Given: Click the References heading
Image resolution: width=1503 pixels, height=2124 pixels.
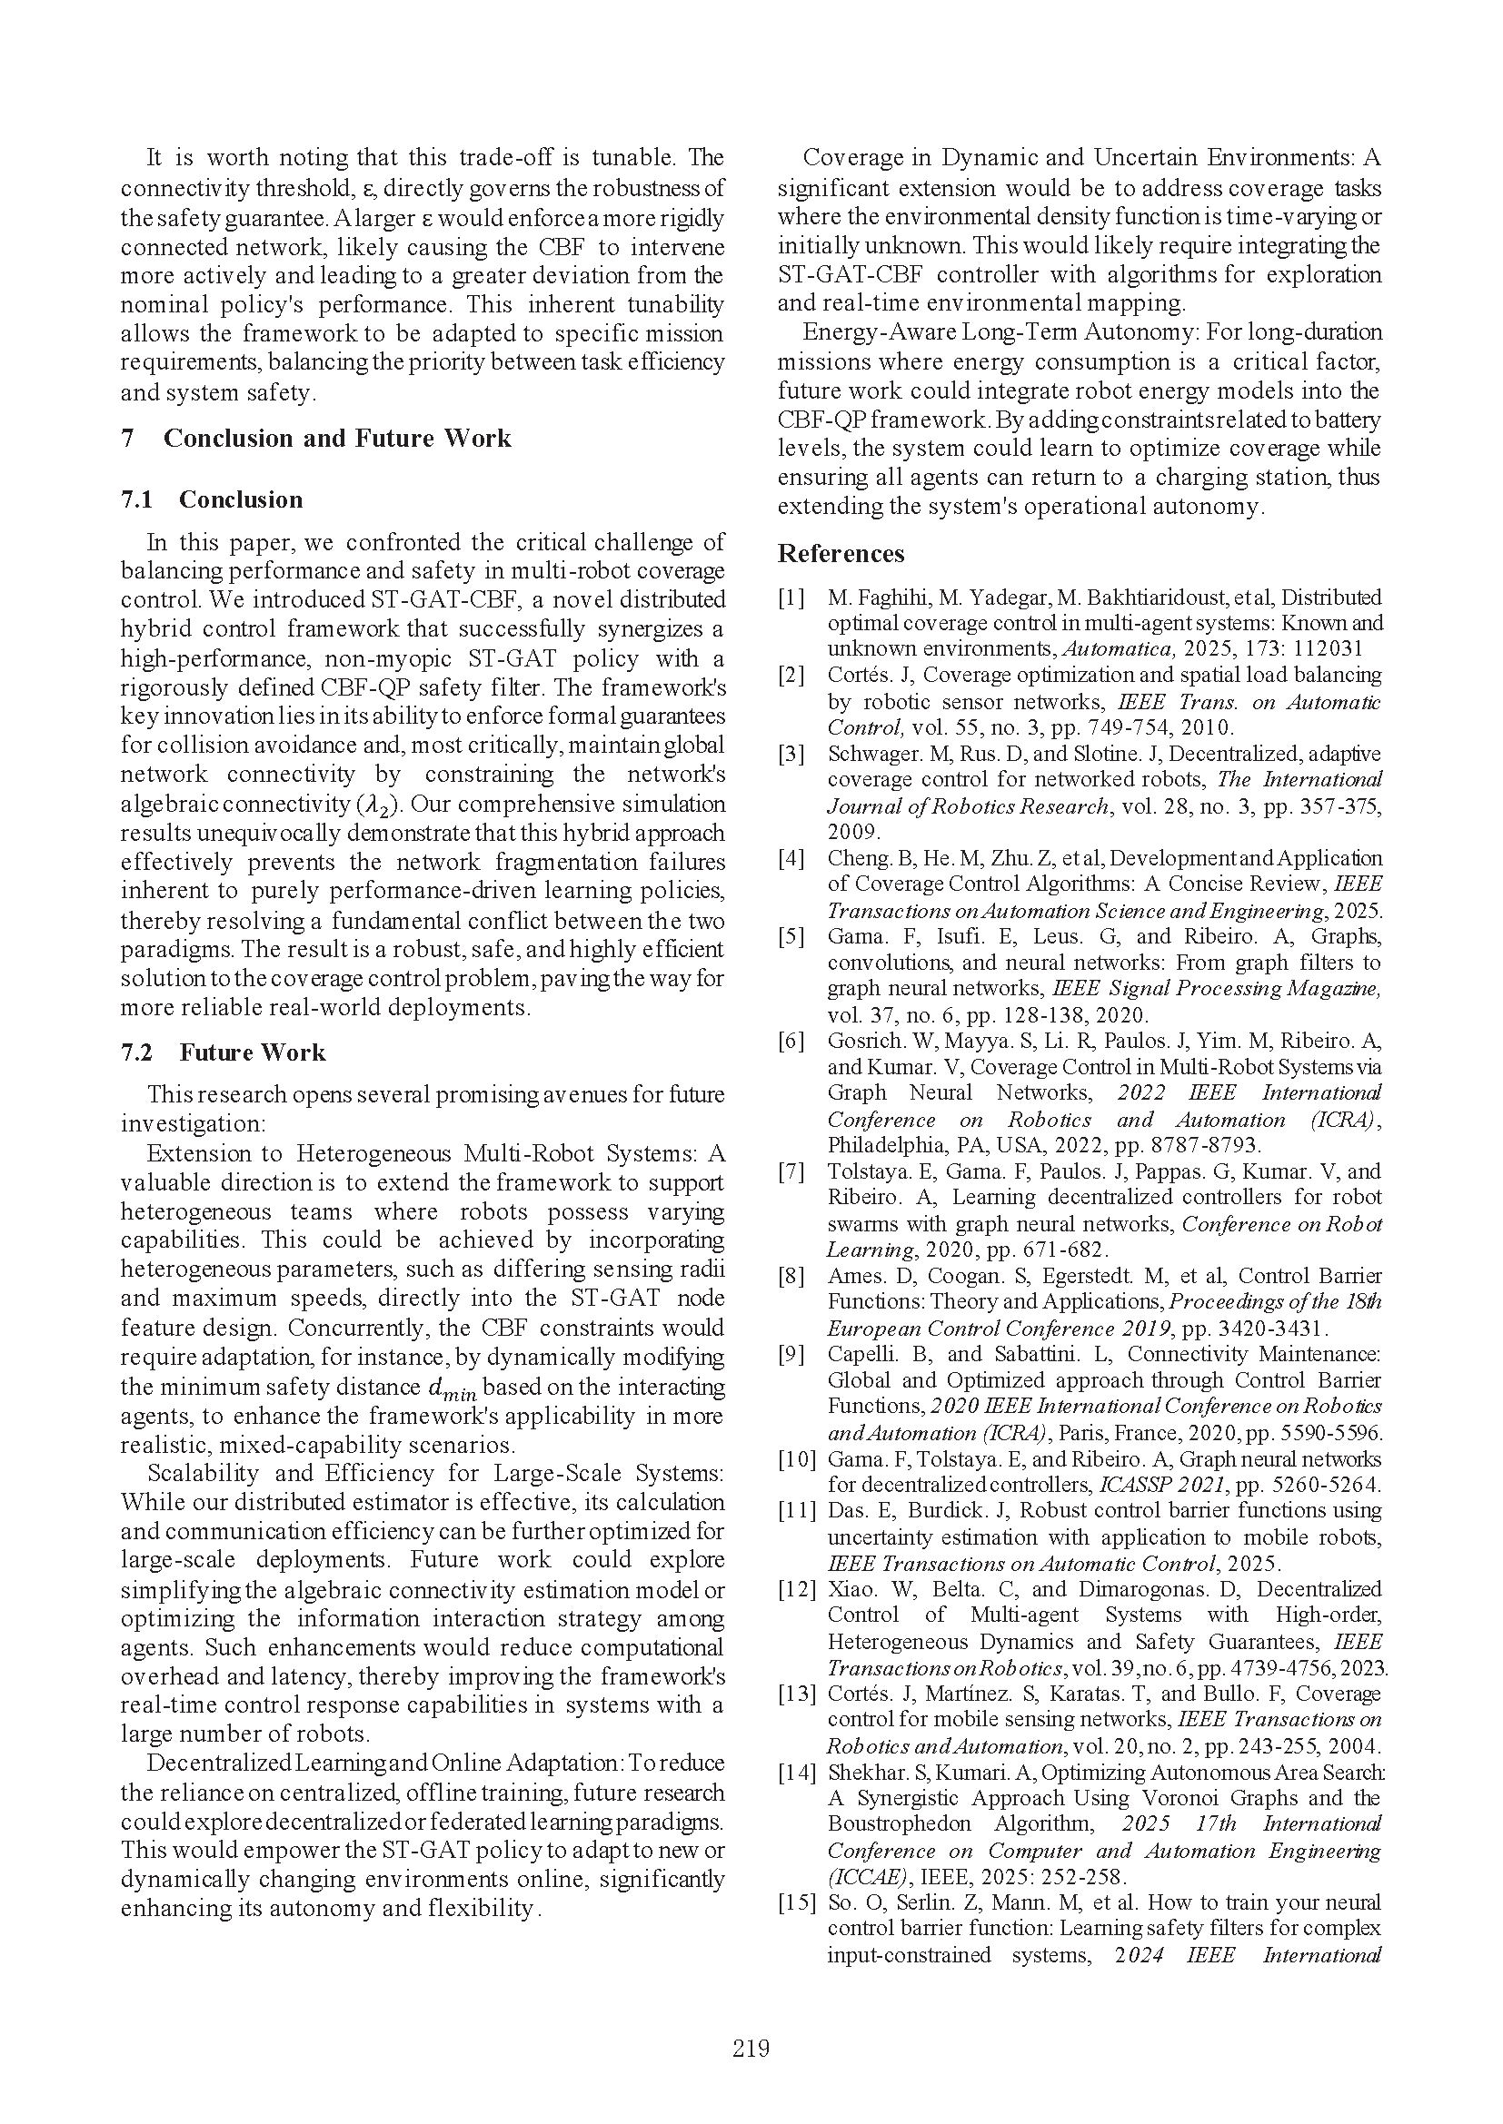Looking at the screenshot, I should point(841,553).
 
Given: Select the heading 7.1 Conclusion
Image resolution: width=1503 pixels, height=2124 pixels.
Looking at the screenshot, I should point(212,499).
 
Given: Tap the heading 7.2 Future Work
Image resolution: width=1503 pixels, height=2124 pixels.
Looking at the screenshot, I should point(223,1052).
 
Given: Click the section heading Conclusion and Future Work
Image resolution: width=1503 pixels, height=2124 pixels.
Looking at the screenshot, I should point(337,438).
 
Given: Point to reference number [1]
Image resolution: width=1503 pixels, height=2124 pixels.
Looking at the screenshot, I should point(792,598).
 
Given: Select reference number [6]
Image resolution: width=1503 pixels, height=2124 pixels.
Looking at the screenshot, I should point(792,1041).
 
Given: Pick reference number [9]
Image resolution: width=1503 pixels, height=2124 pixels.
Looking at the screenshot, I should point(792,1354).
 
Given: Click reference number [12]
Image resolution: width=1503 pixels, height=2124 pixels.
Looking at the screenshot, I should point(796,1589).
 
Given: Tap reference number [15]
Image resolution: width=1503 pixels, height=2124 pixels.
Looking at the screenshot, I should point(796,1902).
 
